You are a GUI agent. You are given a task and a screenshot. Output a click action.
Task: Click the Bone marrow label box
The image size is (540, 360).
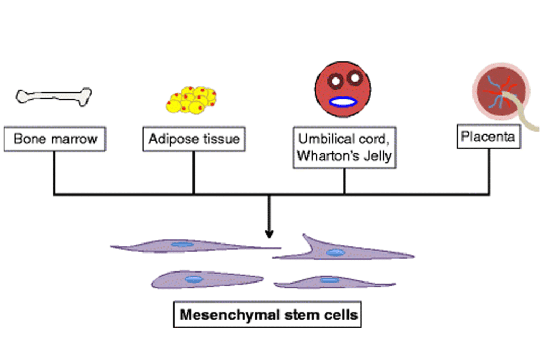(55, 139)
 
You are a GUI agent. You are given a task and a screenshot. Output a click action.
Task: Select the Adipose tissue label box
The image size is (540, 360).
(194, 139)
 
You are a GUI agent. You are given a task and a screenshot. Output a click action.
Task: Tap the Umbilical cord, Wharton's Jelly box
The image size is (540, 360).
(344, 148)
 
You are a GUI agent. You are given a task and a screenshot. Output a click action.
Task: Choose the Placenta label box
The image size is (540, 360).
(488, 138)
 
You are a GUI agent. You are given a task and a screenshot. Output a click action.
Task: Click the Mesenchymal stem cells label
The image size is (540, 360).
(268, 315)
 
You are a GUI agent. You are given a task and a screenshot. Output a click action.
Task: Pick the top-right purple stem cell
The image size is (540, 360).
(337, 251)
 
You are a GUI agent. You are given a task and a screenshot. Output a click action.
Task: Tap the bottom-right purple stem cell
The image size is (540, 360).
(332, 281)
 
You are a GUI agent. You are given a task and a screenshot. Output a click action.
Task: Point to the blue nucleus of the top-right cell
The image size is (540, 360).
(335, 252)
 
